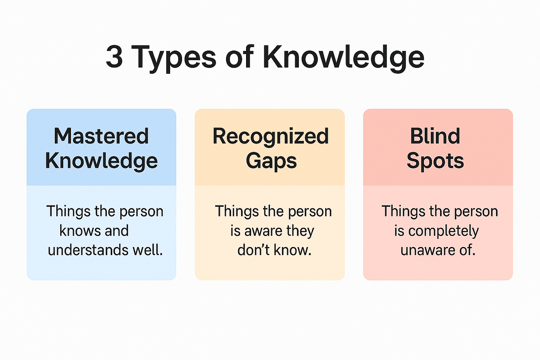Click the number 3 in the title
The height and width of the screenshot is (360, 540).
tap(114, 56)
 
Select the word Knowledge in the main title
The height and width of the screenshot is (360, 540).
tap(343, 58)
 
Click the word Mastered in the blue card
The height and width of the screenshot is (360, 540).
tap(101, 136)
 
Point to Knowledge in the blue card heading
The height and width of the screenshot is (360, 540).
tap(101, 161)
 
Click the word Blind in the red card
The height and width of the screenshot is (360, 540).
tap(435, 136)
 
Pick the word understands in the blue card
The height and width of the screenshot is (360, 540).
tap(88, 250)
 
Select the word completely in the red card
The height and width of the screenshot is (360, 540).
tap(443, 232)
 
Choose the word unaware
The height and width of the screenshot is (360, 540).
tap(427, 251)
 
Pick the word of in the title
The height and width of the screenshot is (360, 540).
tap(240, 56)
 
